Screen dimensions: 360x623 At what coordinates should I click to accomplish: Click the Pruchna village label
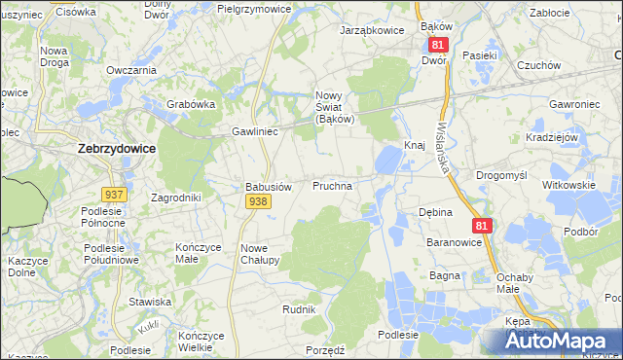(x=332, y=184)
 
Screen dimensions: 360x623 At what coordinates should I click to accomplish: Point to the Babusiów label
(x=268, y=186)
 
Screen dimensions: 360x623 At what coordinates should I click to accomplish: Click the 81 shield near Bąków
(x=437, y=46)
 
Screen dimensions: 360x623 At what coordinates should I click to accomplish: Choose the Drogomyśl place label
(x=501, y=175)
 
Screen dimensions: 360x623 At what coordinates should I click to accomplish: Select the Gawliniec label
(x=256, y=131)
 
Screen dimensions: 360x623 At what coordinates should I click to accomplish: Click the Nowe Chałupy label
(x=260, y=254)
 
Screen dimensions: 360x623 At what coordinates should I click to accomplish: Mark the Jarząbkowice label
(x=372, y=30)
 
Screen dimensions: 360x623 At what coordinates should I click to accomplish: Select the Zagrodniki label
(x=176, y=197)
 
